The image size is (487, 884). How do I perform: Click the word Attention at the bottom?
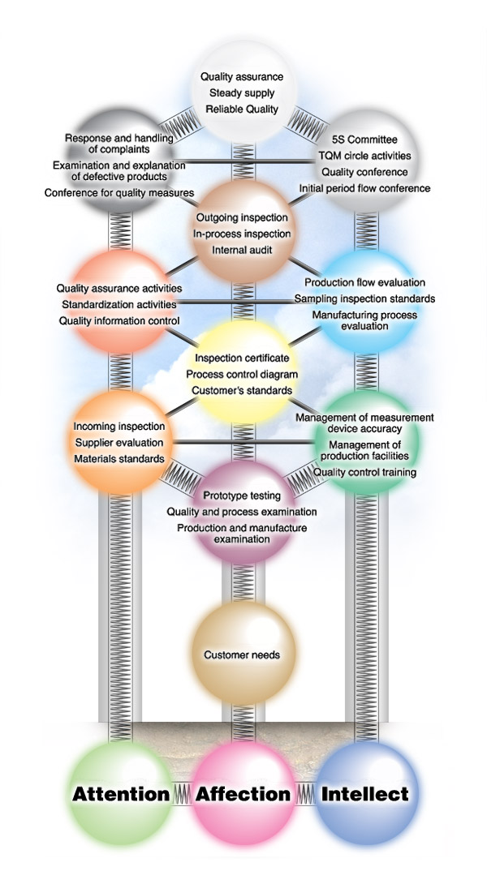click(120, 794)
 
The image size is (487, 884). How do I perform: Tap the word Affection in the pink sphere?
click(242, 794)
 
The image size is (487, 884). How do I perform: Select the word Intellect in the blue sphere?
click(364, 794)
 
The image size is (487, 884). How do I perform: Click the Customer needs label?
click(243, 654)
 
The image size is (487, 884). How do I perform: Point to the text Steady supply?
click(242, 92)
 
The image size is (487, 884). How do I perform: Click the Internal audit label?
click(242, 250)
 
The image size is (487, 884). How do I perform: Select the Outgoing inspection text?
click(242, 217)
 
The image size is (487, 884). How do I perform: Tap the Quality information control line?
click(119, 320)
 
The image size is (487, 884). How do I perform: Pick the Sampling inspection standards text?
click(364, 298)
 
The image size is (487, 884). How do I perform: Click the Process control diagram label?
click(242, 374)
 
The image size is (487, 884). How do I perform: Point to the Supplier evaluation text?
click(119, 443)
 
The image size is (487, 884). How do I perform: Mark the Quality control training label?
click(364, 472)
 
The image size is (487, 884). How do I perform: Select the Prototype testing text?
click(242, 496)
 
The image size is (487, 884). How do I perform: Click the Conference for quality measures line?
click(119, 192)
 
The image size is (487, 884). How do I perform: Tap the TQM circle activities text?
click(365, 156)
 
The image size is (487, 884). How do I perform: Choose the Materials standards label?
click(119, 459)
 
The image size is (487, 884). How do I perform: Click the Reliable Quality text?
click(242, 109)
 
